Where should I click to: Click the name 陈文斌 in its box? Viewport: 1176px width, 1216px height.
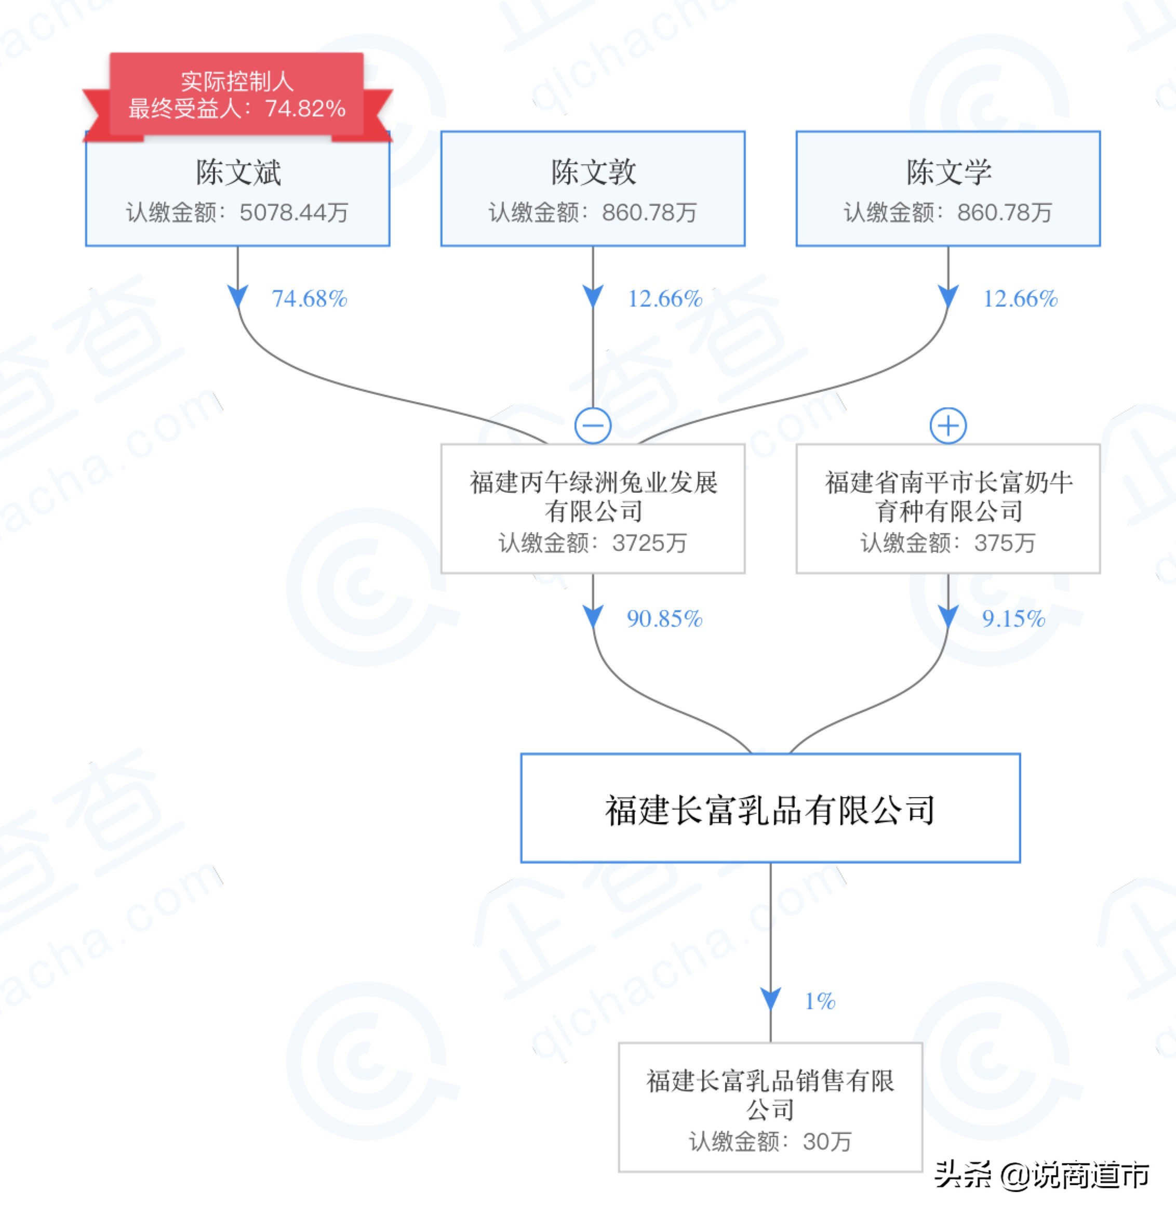pyautogui.click(x=238, y=172)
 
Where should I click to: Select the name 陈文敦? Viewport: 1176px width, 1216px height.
pyautogui.click(x=594, y=172)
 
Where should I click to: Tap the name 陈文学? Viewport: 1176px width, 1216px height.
pyautogui.click(x=948, y=172)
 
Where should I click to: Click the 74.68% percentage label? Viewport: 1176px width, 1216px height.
pyautogui.click(x=309, y=299)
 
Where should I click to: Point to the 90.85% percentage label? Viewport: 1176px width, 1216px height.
pyautogui.click(x=664, y=618)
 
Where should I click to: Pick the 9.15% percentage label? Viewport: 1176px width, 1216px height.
pyautogui.click(x=1013, y=618)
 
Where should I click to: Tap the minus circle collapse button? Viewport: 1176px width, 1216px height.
pyautogui.click(x=593, y=426)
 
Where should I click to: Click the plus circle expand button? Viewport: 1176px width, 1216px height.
pyautogui.click(x=948, y=426)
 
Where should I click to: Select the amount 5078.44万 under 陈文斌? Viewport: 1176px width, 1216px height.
pyautogui.click(x=293, y=213)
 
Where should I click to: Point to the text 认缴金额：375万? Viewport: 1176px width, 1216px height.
pyautogui.click(x=948, y=543)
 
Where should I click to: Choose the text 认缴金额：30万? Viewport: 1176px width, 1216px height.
pyautogui.click(x=770, y=1141)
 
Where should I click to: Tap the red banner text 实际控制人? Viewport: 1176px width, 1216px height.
pyautogui.click(x=237, y=81)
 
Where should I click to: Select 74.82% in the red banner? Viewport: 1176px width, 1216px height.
pyautogui.click(x=305, y=109)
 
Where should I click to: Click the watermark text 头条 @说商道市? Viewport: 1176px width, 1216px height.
pyautogui.click(x=1041, y=1175)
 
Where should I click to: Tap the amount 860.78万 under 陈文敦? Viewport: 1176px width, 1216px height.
pyautogui.click(x=649, y=213)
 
